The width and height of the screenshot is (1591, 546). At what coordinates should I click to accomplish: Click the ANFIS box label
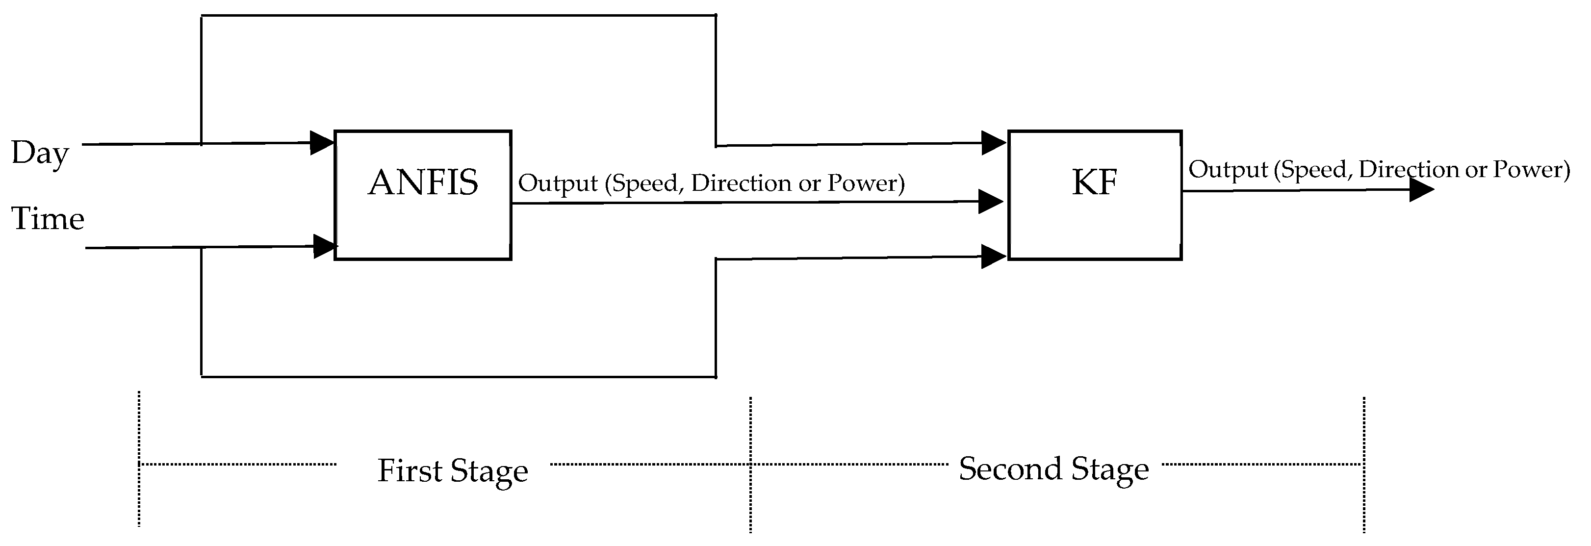[x=423, y=183]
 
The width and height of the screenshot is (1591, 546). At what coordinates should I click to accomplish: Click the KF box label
[x=1095, y=183]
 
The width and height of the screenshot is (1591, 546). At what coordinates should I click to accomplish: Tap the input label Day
[x=40, y=153]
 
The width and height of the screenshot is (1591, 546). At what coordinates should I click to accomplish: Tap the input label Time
[x=48, y=219]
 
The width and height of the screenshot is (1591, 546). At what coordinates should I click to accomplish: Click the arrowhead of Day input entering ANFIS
[x=321, y=143]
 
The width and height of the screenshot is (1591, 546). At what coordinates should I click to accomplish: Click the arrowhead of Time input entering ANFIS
[x=324, y=246]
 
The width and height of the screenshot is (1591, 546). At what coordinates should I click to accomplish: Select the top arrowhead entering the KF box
[x=993, y=143]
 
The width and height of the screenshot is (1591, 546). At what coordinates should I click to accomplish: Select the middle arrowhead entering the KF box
[x=990, y=201]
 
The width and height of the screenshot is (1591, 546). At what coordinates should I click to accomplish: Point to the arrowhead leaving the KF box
[x=1420, y=190]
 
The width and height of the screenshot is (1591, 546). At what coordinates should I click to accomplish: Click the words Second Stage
[x=1053, y=469]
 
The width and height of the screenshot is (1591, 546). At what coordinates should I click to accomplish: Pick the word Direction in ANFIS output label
[x=741, y=183]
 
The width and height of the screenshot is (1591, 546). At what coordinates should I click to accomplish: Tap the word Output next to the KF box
[x=1228, y=170]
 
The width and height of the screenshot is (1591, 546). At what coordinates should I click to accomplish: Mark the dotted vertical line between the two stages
[x=750, y=463]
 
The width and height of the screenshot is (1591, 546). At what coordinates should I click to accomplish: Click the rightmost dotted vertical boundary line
[x=1364, y=463]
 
